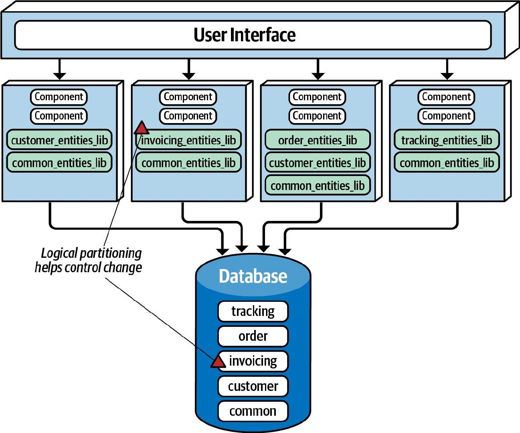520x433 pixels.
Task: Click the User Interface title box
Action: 253,35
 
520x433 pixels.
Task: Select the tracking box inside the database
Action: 253,311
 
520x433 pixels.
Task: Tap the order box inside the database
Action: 253,336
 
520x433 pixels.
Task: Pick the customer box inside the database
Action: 253,386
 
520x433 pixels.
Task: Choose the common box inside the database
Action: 253,411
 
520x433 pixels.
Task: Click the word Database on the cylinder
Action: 253,276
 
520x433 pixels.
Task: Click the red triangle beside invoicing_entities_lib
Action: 142,128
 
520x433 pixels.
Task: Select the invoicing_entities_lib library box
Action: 188,140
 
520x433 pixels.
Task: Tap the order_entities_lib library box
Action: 318,140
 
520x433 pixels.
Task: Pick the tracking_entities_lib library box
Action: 447,140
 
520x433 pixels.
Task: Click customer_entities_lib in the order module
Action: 318,163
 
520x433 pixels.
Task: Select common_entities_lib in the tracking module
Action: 447,163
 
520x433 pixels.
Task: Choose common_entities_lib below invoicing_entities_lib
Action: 188,163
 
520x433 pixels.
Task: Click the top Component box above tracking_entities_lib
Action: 446,97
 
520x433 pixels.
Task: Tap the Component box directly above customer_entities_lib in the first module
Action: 59,116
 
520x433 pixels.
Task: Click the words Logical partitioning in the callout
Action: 91,253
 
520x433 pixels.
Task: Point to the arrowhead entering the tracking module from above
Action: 447,76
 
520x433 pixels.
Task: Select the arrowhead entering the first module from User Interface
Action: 59,76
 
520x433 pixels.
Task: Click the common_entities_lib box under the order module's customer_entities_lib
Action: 318,186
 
